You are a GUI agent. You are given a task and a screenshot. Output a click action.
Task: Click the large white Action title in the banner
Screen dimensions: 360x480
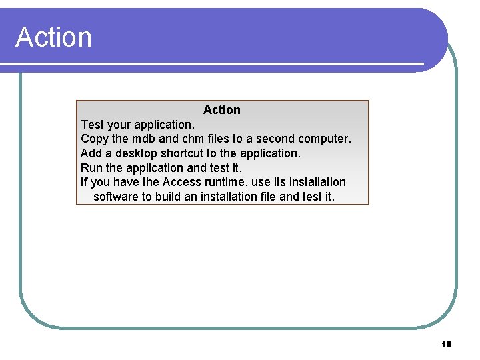53,37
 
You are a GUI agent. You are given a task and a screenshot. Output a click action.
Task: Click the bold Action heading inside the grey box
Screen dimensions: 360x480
222,110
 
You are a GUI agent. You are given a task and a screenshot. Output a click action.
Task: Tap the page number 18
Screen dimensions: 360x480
447,345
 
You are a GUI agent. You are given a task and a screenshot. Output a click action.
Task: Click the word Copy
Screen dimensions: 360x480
94,139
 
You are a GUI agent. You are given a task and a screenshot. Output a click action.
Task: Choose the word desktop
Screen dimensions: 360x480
137,153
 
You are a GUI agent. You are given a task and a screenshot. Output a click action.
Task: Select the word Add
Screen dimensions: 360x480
91,153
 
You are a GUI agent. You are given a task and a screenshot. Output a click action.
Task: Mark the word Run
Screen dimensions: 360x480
91,168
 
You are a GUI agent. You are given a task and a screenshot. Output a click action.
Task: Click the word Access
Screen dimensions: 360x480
181,182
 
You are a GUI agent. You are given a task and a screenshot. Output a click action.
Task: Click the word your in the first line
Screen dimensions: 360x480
119,125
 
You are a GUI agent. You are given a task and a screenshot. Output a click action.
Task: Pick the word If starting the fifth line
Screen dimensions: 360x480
84,182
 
